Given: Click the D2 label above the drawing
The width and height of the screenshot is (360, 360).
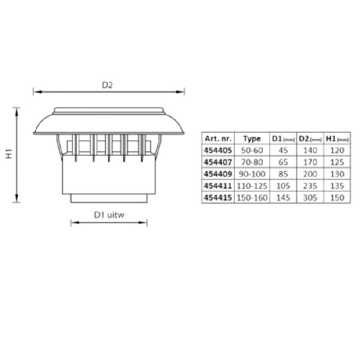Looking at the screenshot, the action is point(107,85).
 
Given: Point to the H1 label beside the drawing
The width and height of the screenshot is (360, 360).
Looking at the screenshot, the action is point(9,154).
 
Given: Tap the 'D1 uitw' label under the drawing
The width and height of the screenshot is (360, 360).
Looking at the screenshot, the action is point(109,215).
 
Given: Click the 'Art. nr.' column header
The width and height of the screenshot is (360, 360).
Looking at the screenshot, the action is point(218,138).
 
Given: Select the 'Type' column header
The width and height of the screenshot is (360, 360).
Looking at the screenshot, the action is point(252,139).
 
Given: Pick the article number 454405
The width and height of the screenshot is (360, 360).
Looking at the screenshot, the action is point(218,150).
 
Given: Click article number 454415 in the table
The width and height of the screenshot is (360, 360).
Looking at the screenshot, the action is point(218,197).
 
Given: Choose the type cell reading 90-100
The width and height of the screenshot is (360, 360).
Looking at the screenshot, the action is point(252,174).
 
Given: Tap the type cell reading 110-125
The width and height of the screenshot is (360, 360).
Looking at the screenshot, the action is point(252,186).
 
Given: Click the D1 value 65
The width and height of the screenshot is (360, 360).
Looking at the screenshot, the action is point(283,163).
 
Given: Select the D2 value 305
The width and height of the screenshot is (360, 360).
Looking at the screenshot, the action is point(310,197).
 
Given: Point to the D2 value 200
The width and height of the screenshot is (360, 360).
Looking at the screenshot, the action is point(310,174).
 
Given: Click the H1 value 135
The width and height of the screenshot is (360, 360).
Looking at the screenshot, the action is point(337,186).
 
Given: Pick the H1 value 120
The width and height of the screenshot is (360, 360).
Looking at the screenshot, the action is point(337,150).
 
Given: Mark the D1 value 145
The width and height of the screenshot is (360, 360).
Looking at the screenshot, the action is point(283,197).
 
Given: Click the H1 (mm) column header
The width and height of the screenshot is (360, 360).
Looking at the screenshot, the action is point(337,139).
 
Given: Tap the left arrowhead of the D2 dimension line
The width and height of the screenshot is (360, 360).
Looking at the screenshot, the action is point(38,92).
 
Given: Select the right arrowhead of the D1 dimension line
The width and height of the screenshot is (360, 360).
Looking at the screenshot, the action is point(142,223).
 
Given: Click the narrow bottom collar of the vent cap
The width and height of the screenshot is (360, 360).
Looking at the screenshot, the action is point(109,199).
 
